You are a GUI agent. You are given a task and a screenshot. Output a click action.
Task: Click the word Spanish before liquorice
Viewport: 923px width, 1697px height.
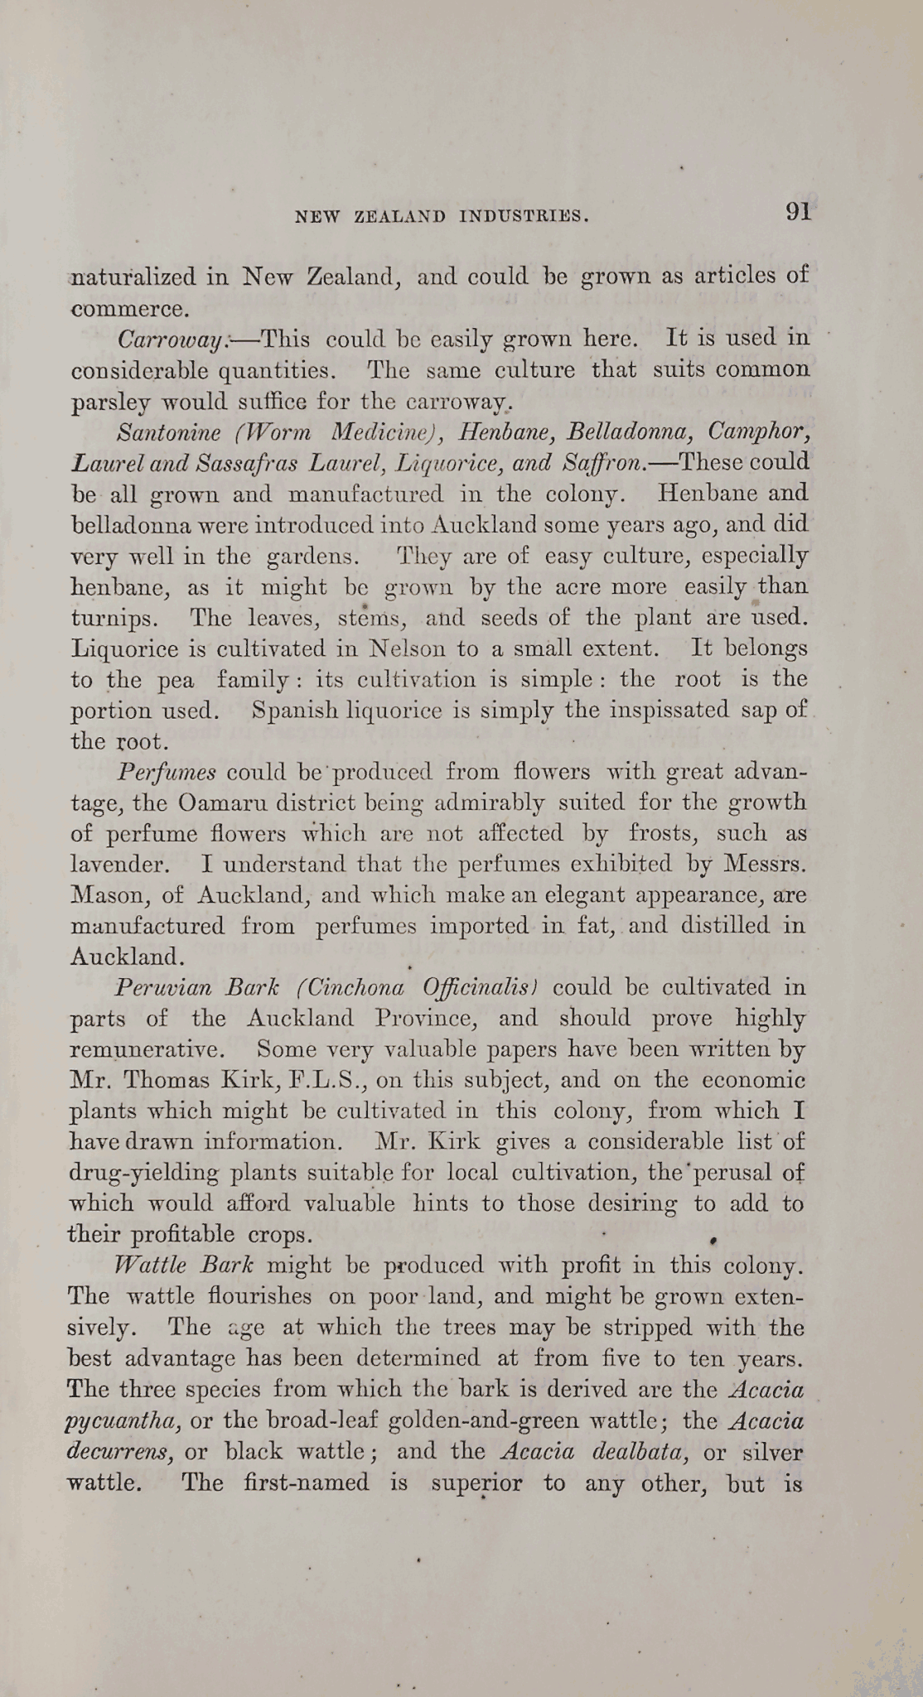tap(294, 711)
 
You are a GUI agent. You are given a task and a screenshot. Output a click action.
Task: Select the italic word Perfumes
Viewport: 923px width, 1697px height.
tap(167, 772)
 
